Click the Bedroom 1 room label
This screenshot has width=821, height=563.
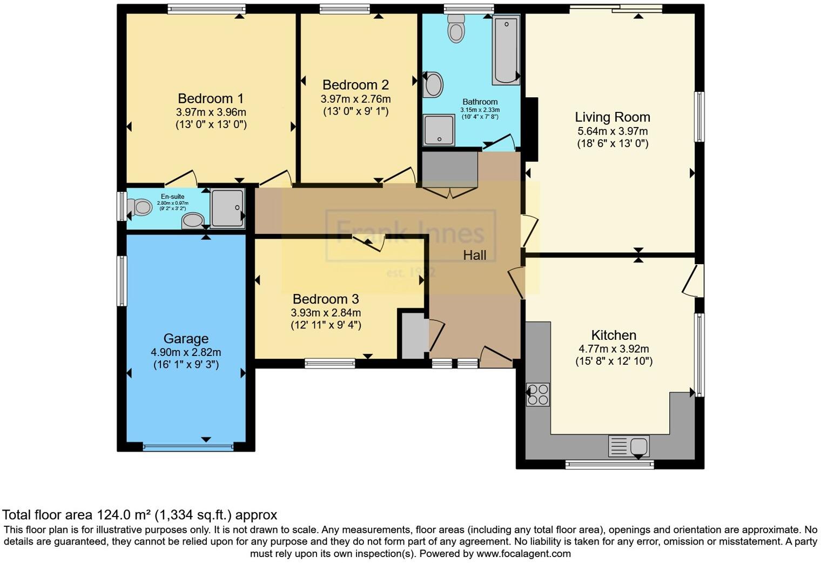click(x=211, y=99)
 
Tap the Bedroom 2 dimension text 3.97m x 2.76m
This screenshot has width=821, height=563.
click(x=355, y=99)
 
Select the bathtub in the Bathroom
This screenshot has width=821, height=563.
click(x=505, y=50)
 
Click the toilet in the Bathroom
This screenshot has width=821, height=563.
click(x=456, y=28)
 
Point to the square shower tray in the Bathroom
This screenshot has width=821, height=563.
click(x=439, y=130)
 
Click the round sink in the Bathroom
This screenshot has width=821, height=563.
click(x=433, y=85)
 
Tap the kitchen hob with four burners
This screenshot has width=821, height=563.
click(x=538, y=394)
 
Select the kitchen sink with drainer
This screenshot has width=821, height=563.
click(x=629, y=446)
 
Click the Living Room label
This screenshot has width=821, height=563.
click(x=612, y=117)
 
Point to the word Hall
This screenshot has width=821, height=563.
click(x=475, y=256)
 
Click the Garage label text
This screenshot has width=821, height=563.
click(x=186, y=339)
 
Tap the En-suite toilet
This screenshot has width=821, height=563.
click(x=140, y=206)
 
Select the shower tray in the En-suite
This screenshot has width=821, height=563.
click(x=227, y=207)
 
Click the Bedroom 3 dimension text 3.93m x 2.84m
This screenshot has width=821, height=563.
click(x=326, y=313)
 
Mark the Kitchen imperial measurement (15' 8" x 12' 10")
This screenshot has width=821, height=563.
click(x=614, y=361)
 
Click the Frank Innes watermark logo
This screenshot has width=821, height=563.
click(x=410, y=234)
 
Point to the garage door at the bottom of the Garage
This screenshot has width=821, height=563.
click(x=189, y=447)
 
